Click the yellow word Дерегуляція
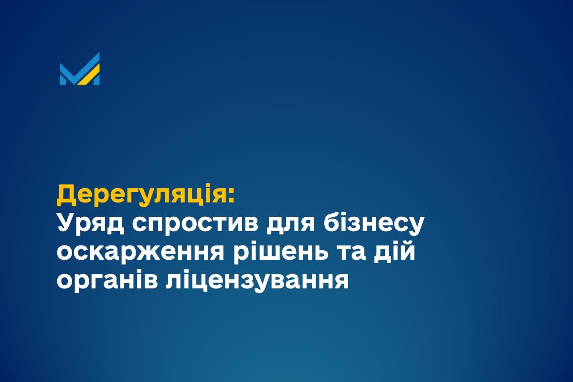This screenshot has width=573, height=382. pos(142,195)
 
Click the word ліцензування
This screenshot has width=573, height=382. pos(257,280)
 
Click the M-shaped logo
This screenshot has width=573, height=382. pos(80,69)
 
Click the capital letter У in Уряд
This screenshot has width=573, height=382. pos(66,223)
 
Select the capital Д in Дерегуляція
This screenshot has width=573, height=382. pos(66,195)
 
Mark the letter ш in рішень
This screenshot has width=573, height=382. pos(270,253)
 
